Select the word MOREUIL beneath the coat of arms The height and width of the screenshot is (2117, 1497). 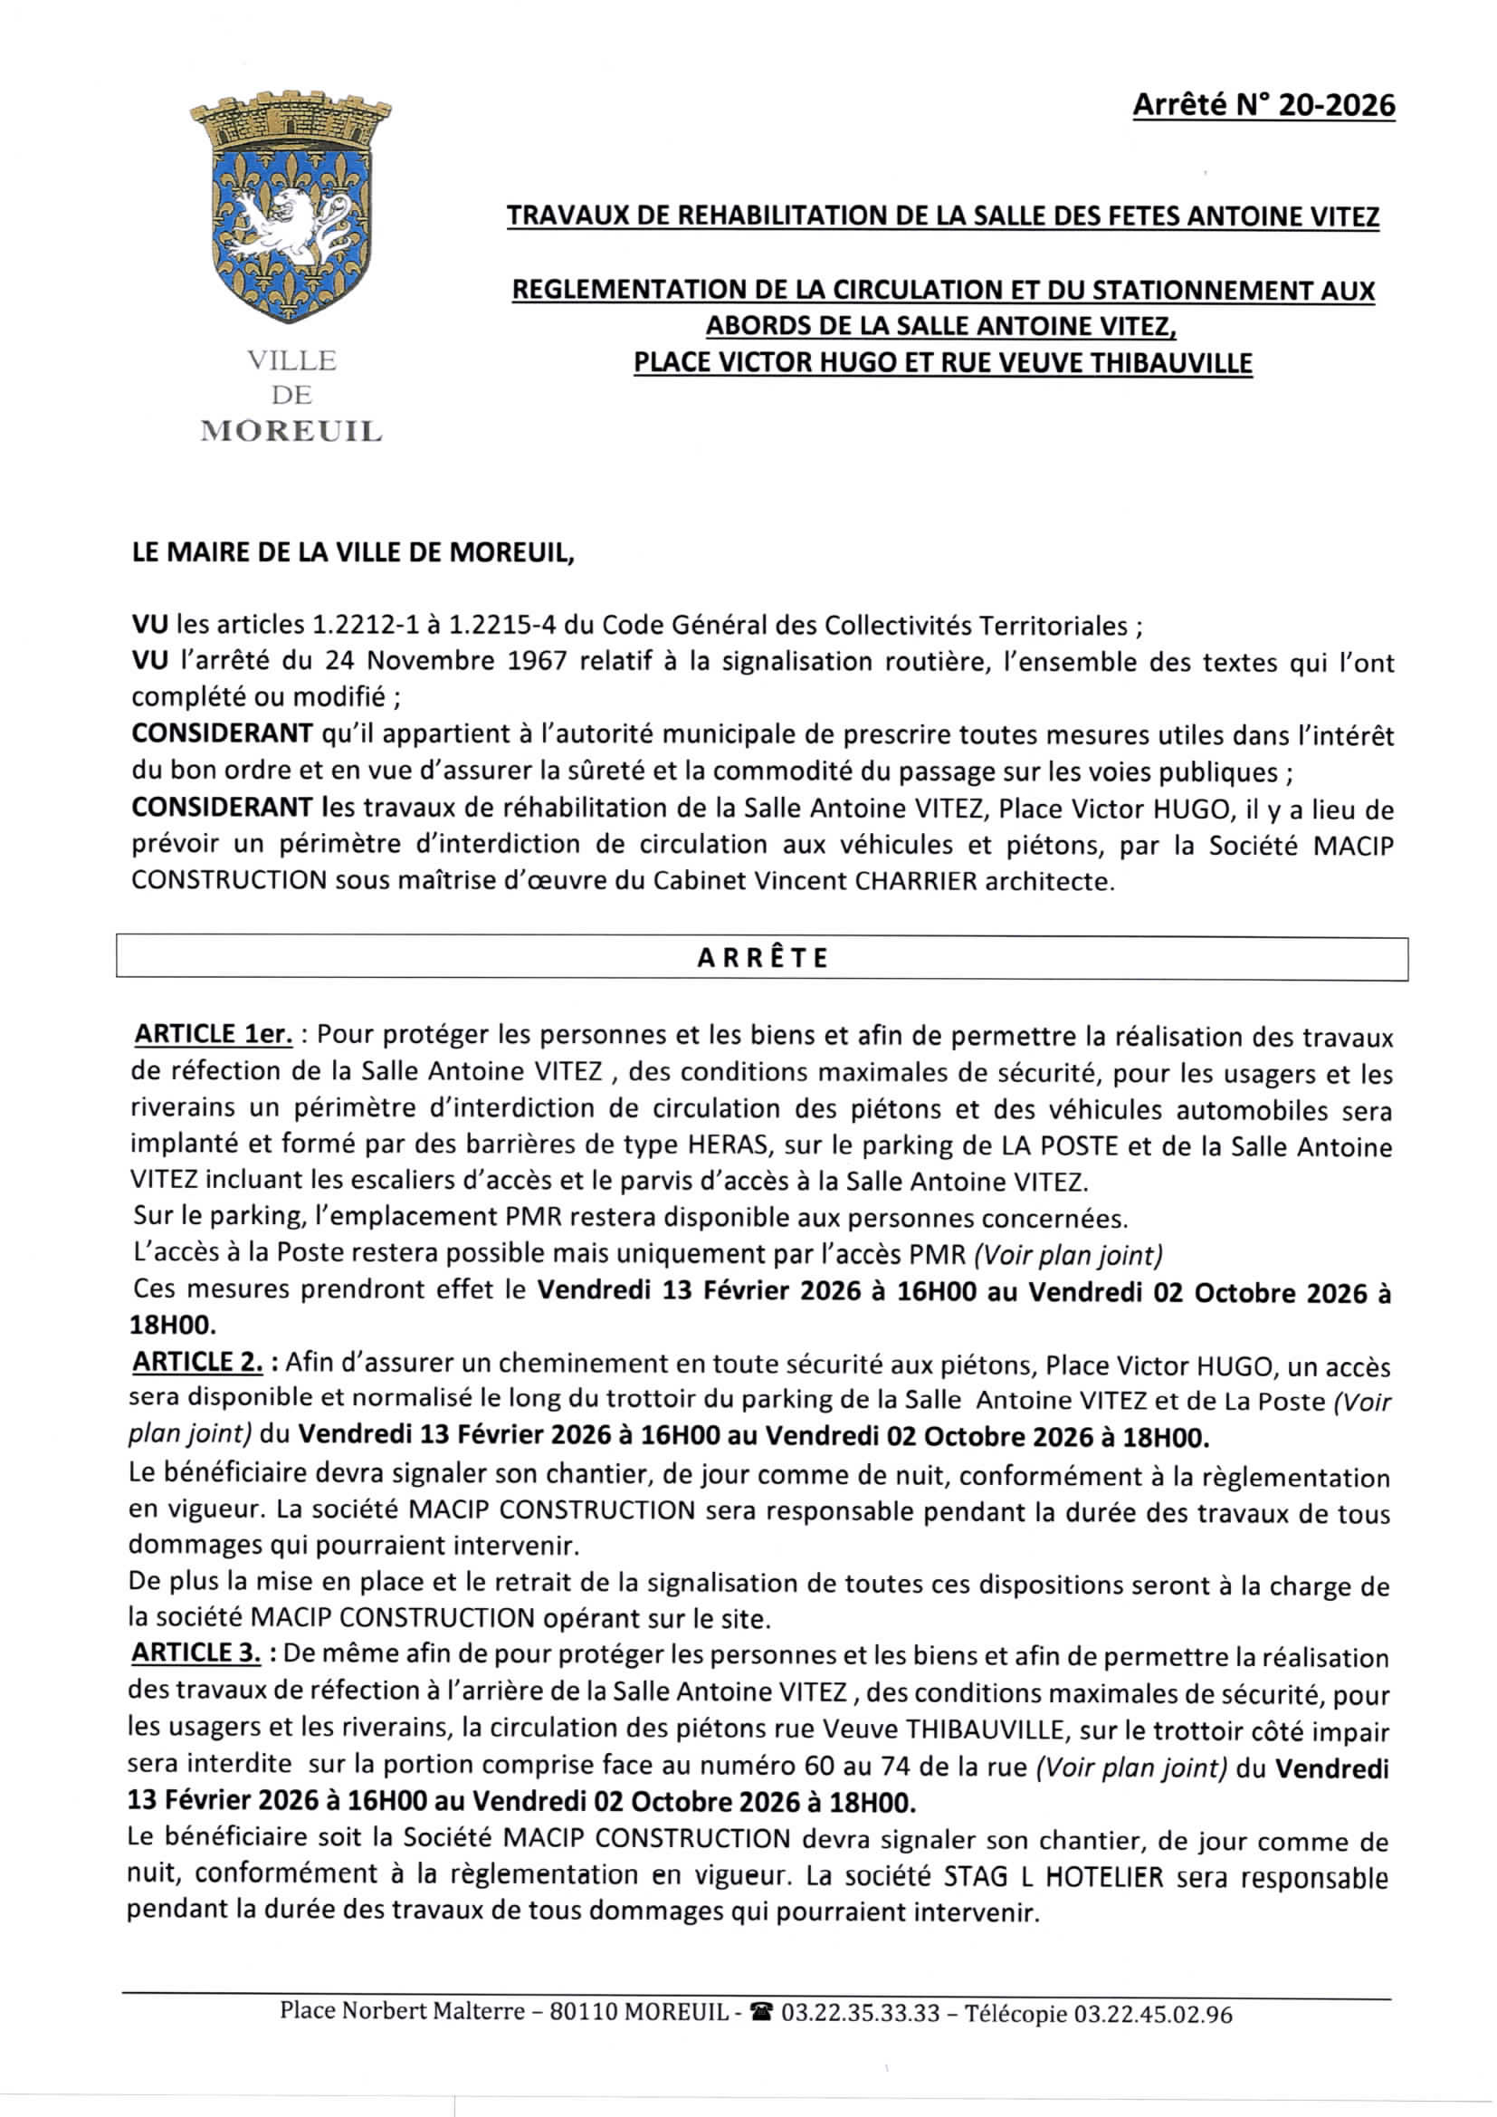(291, 432)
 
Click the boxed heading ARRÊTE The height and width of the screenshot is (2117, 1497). (762, 958)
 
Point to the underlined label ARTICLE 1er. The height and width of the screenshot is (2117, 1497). (214, 1035)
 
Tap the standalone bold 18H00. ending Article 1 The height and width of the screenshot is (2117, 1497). (173, 1326)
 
